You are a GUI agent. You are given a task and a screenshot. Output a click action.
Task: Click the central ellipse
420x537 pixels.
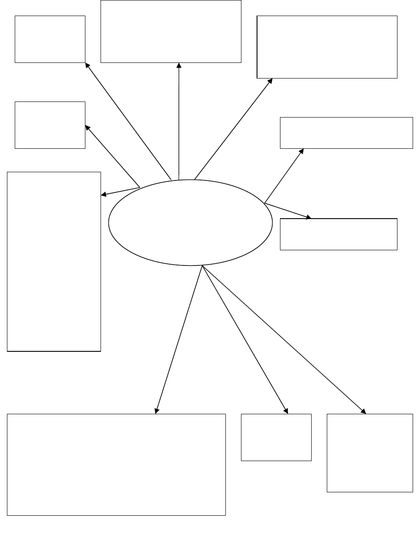pyautogui.click(x=190, y=222)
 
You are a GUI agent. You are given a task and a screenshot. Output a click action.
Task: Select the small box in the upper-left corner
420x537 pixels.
pyautogui.click(x=50, y=39)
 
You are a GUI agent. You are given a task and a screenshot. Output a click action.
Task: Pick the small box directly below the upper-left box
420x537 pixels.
pyautogui.click(x=50, y=125)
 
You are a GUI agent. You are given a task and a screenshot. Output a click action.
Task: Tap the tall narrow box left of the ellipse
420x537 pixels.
pyautogui.click(x=54, y=261)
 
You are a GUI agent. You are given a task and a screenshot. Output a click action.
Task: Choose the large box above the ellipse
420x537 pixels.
pyautogui.click(x=171, y=31)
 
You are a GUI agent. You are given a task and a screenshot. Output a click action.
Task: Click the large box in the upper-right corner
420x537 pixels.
pyautogui.click(x=327, y=47)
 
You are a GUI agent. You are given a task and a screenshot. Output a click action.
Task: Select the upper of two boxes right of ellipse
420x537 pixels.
pyautogui.click(x=346, y=133)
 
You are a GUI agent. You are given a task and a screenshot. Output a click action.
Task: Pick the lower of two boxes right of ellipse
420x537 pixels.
pyautogui.click(x=339, y=234)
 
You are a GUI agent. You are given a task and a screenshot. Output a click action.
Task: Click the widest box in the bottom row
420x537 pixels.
pyautogui.click(x=116, y=465)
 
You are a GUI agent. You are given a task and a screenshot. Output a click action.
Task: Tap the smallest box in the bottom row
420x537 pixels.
pyautogui.click(x=276, y=437)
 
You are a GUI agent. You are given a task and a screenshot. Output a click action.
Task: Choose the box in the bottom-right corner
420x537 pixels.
pyautogui.click(x=370, y=453)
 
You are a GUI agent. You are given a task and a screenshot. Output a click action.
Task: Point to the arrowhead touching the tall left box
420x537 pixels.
pyautogui.click(x=104, y=194)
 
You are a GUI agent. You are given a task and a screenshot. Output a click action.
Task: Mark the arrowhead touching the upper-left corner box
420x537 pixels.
pyautogui.click(x=87, y=65)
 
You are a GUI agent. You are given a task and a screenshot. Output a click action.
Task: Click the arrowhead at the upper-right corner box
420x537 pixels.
pyautogui.click(x=270, y=81)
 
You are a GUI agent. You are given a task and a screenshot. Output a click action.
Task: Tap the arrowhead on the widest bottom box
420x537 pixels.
pyautogui.click(x=156, y=410)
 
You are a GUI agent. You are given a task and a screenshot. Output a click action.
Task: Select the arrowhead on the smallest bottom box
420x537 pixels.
pyautogui.click(x=286, y=410)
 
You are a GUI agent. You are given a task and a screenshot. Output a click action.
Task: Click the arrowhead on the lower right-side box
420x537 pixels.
pyautogui.click(x=308, y=216)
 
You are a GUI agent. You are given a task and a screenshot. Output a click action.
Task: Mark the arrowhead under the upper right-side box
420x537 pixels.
pyautogui.click(x=301, y=151)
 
